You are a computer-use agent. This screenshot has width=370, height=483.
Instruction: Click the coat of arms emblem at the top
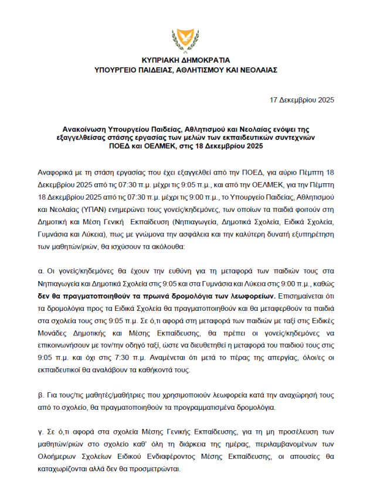click(x=185, y=39)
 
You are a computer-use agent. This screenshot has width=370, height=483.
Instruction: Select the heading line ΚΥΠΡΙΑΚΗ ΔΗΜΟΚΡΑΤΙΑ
click(x=185, y=60)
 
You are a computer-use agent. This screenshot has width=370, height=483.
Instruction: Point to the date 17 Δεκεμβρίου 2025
click(x=301, y=100)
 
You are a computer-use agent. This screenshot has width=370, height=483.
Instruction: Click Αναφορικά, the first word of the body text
click(x=55, y=173)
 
